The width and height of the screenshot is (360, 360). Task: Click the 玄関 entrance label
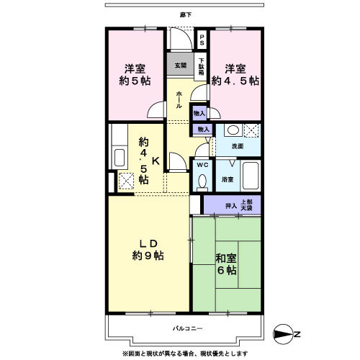click(179, 65)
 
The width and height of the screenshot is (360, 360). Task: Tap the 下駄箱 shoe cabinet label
click(202, 67)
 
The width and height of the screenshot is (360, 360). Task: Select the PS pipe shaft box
click(202, 40)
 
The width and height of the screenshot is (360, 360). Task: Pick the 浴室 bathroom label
click(227, 178)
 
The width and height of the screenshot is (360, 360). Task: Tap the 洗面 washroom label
click(237, 146)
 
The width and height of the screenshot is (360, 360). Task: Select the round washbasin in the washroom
click(232, 131)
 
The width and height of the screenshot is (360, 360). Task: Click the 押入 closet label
click(230, 206)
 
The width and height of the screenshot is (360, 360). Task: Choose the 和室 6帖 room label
click(227, 264)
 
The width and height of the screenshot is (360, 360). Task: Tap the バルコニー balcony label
click(187, 328)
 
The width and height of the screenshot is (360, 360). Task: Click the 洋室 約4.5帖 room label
click(234, 75)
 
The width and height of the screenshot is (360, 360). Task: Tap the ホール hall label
click(179, 99)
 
